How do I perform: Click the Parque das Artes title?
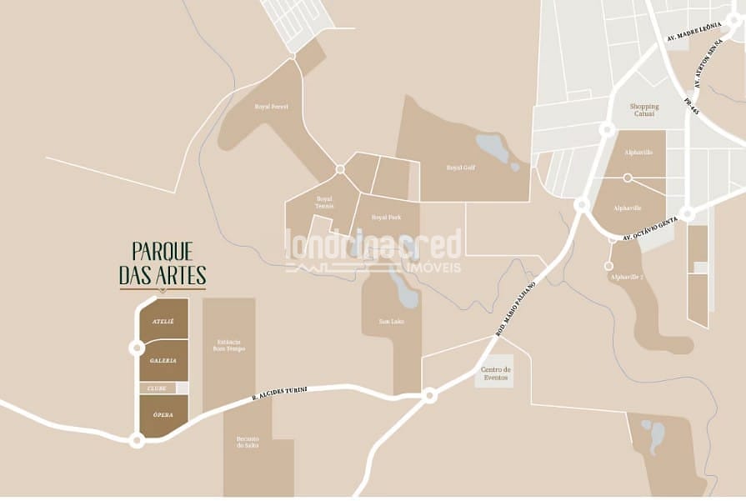163,263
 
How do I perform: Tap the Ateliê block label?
163,321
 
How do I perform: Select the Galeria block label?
163,360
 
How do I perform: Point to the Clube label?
158,388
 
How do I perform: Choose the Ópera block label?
163,414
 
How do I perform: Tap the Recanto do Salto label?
247,443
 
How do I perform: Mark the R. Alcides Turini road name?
280,394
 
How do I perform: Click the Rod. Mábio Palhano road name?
515,308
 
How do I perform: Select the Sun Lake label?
391,321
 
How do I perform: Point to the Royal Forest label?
271,107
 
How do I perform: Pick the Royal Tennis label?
324,202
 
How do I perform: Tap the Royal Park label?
386,217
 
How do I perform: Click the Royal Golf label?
460,168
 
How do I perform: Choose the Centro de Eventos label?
495,373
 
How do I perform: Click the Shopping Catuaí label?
643,110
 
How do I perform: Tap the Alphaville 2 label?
627,276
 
